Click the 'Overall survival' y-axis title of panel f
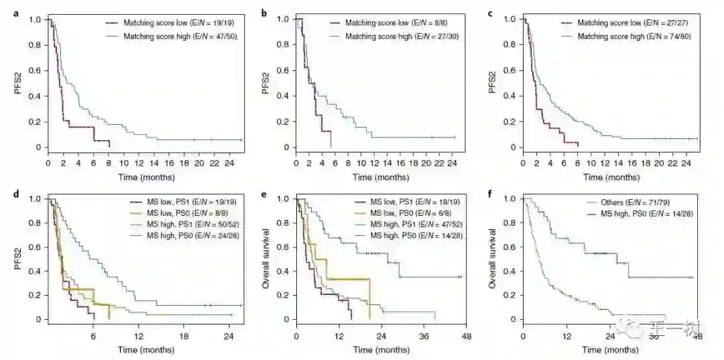493,258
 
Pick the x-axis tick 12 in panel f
566,335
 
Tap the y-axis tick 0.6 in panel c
511,70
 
